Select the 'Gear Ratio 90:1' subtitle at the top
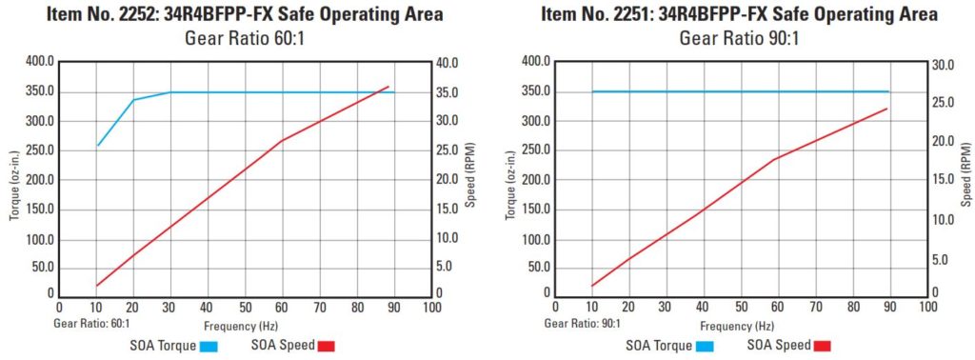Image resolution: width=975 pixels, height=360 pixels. pos(739,38)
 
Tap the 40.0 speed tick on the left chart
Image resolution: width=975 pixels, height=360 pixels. pos(452,63)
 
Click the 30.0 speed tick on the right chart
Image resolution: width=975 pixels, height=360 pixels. pos(941,63)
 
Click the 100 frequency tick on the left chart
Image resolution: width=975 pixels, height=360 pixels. pos(430,308)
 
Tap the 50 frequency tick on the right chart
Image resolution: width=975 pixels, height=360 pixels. pos(740,308)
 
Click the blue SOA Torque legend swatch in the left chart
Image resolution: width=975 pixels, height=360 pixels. pos(209,346)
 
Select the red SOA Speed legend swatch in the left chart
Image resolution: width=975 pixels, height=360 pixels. pos(327,346)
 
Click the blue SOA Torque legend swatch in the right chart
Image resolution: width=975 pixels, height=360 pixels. pos(706,346)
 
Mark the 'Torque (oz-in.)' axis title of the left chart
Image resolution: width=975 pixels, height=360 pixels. pos(13,180)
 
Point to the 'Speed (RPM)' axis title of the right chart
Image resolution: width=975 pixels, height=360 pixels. pos(965,180)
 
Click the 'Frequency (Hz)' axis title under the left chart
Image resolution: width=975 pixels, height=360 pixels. pos(244,323)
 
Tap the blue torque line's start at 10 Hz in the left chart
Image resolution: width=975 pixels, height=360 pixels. pos(97,146)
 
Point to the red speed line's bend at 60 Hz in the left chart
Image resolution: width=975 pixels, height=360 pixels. pos(282,141)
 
